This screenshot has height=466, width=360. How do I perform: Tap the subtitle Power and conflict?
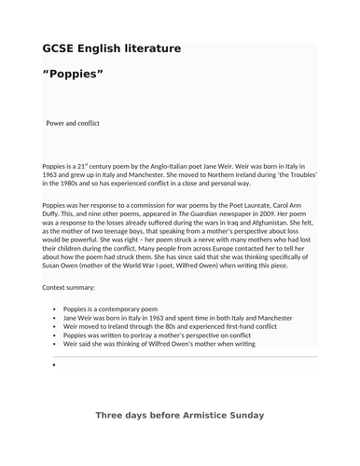(x=73, y=123)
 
